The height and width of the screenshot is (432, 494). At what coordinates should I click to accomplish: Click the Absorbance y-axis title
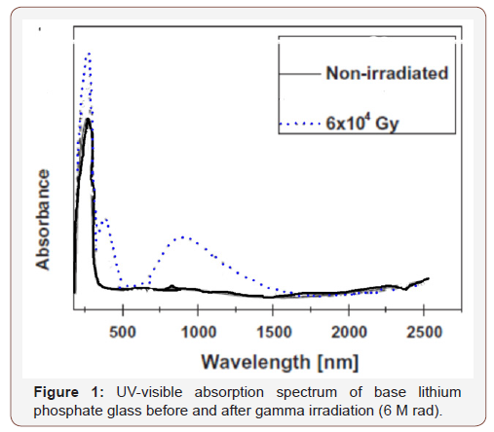pyautogui.click(x=44, y=219)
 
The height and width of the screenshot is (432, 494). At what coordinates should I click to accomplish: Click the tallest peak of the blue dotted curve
pyautogui.click(x=89, y=54)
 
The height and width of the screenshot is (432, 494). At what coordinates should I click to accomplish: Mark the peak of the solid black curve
pyautogui.click(x=89, y=121)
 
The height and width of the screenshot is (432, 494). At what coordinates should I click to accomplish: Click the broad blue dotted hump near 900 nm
pyautogui.click(x=183, y=236)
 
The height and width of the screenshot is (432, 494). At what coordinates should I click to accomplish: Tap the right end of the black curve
pyautogui.click(x=428, y=278)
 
